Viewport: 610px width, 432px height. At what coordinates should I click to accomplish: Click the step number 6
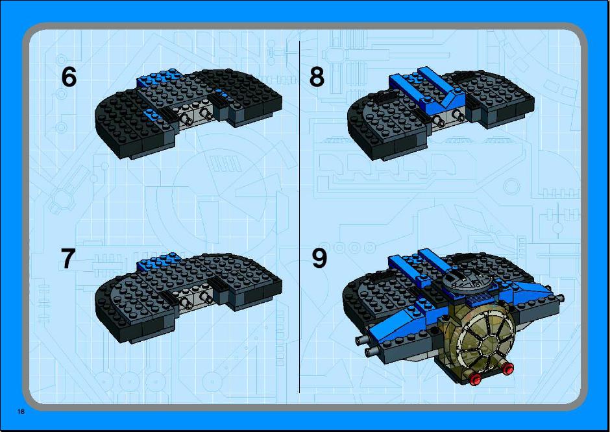69,77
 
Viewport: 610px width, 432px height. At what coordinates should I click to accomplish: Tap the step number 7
67,258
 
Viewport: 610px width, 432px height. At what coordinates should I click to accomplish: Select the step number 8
317,77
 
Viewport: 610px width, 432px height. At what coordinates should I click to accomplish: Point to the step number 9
319,258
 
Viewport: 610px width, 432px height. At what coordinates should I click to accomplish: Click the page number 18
21,411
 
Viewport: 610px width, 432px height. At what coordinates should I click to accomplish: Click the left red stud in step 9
475,379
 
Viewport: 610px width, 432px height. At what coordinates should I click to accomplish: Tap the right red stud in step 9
507,368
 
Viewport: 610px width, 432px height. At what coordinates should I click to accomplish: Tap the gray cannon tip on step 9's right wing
559,298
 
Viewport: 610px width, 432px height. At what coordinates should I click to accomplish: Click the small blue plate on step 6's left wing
149,114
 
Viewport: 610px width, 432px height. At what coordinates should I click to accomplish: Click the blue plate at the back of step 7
158,261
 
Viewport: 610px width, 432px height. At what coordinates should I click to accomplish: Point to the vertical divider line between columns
300,217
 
